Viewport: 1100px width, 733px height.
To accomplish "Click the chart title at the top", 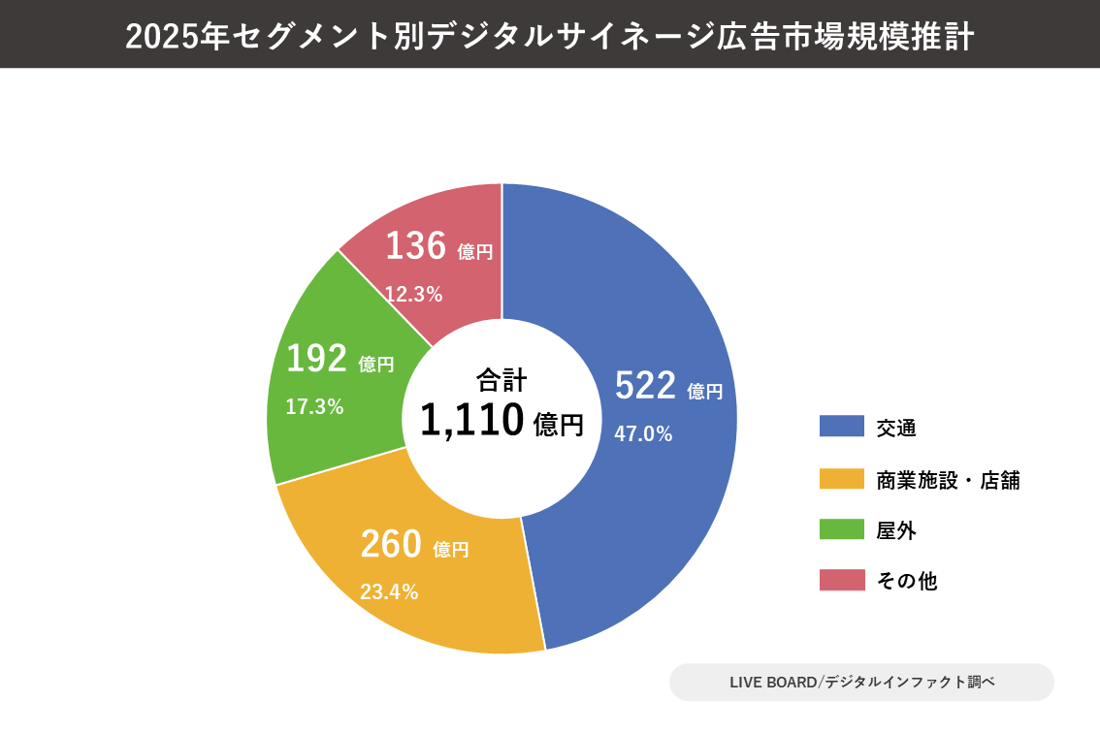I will coord(549,36).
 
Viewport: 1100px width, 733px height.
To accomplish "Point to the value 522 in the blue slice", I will coord(645,386).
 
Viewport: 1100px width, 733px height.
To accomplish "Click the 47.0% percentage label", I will coord(643,434).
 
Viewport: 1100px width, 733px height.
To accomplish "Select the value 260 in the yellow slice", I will coord(391,545).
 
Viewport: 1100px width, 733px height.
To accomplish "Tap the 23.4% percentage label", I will coord(389,591).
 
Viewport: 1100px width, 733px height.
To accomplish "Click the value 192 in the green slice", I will coord(316,359).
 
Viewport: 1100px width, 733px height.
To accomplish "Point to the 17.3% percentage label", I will coord(314,407).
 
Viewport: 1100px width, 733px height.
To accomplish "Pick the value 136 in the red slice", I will coord(415,246).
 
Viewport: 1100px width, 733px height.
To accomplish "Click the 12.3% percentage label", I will coord(413,295).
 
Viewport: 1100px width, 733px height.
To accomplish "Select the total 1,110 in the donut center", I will coord(472,421).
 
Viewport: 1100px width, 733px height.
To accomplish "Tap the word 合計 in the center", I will coord(501,379).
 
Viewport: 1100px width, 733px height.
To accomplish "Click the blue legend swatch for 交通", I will coord(841,427).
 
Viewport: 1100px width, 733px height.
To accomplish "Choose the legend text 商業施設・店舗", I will coord(948,480).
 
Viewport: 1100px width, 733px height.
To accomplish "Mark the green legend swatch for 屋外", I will coord(841,529).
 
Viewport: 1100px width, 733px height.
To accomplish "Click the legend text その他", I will coord(906,581).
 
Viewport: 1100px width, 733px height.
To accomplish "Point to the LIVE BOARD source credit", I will coord(861,682).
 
